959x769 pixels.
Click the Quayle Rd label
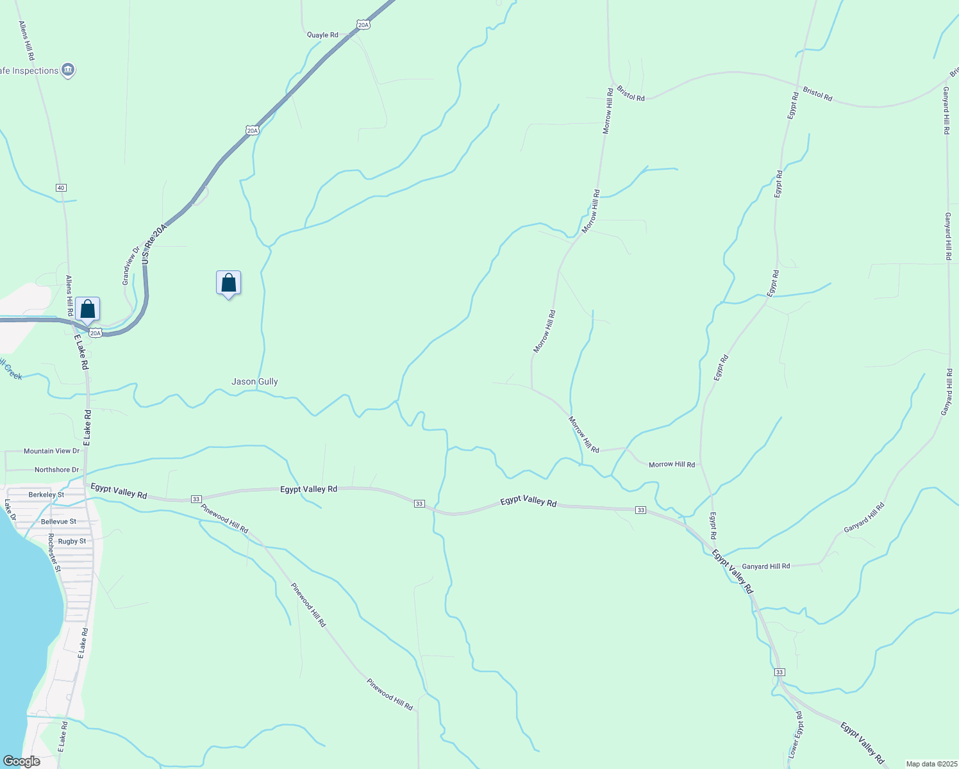(322, 35)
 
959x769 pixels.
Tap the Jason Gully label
(254, 382)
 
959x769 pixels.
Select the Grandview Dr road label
(130, 266)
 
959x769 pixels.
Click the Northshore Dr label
(56, 470)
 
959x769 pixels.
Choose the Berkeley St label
(46, 495)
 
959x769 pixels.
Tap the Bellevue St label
(58, 522)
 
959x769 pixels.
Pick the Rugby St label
(72, 542)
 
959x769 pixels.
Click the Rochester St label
(54, 552)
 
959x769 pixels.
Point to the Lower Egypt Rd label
(796, 734)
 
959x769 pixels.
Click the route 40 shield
(61, 188)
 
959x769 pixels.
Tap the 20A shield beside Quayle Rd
(363, 25)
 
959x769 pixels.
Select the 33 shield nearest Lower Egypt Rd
(779, 672)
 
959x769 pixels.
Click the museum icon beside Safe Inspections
(69, 70)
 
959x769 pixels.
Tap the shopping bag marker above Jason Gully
(228, 283)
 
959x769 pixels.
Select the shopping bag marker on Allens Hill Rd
(88, 310)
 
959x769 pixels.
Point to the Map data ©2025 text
(931, 764)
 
